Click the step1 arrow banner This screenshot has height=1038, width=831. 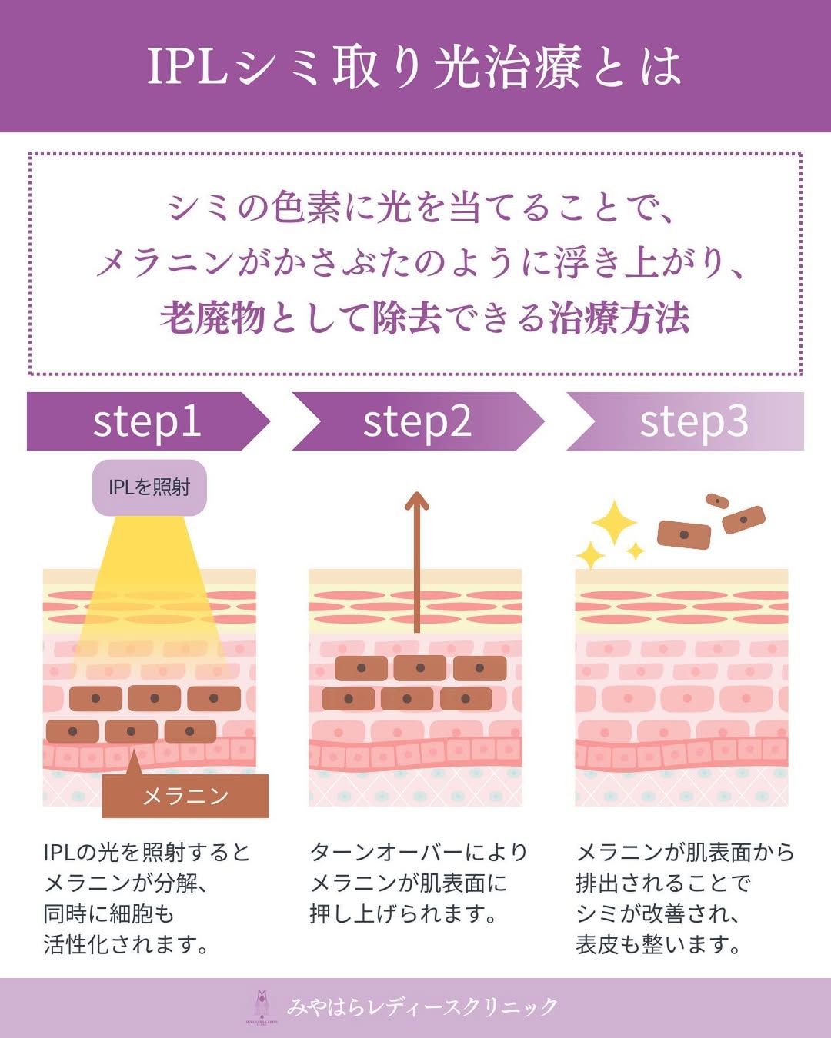click(146, 421)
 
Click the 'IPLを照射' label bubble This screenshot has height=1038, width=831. click(149, 487)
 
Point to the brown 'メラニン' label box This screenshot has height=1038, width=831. click(185, 796)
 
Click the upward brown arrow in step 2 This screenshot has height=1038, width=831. click(416, 561)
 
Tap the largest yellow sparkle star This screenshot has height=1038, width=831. click(613, 523)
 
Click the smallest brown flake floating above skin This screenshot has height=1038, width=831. click(717, 501)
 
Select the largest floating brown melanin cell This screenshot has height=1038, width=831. click(684, 535)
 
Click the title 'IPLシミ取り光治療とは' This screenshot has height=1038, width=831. click(415, 66)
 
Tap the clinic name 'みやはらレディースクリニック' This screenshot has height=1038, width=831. click(422, 1006)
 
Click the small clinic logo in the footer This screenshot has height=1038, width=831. click(262, 1006)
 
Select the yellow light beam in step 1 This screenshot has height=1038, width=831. click(150, 584)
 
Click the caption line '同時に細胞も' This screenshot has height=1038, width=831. click(108, 914)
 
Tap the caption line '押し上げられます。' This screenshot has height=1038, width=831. click(403, 914)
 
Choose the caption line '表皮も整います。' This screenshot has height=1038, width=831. click(659, 945)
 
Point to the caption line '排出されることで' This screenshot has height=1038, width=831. click(662, 883)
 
